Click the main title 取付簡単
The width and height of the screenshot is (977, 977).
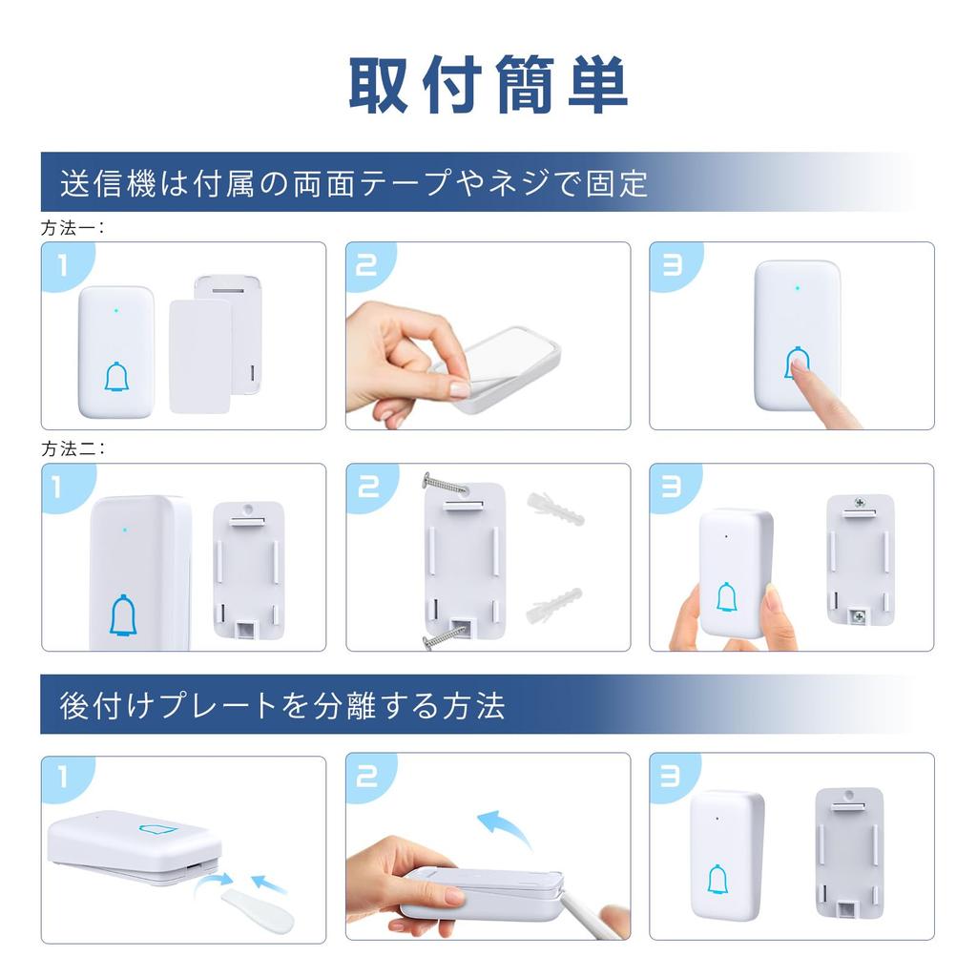pos(488,85)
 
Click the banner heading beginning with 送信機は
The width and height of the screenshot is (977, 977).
pos(354,182)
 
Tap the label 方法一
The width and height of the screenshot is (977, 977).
pos(73,229)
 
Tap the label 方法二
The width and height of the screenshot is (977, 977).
pos(73,449)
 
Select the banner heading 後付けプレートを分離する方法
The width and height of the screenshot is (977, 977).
pos(282,705)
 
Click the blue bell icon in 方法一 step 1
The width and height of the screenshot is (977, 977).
pos(116,377)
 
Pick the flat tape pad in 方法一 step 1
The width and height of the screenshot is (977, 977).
pos(199,356)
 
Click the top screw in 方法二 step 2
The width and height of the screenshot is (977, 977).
pos(444,484)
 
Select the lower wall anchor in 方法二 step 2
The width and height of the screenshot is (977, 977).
pos(553,602)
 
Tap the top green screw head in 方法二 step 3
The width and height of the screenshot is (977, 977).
pos(860,502)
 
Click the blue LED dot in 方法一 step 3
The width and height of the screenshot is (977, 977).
pos(797,285)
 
